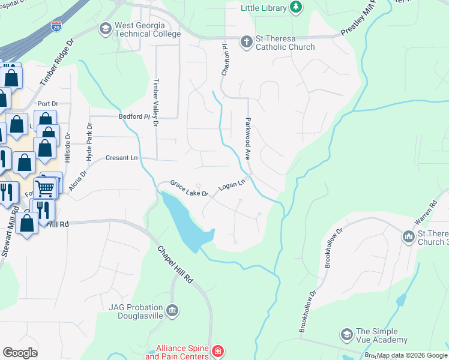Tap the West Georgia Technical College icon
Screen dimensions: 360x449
(106, 28)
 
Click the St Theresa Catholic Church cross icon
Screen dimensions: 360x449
(246, 41)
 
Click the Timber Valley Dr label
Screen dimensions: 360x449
(155, 103)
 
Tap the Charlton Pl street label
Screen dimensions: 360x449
(226, 59)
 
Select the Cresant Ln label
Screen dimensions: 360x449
(122, 158)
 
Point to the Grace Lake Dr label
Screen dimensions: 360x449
(188, 188)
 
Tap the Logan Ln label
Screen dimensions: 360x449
(233, 185)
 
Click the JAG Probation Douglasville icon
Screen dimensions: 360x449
(172, 310)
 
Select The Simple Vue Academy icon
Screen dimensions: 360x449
(346, 334)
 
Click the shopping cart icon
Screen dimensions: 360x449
(44, 187)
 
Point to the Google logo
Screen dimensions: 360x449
(20, 353)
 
